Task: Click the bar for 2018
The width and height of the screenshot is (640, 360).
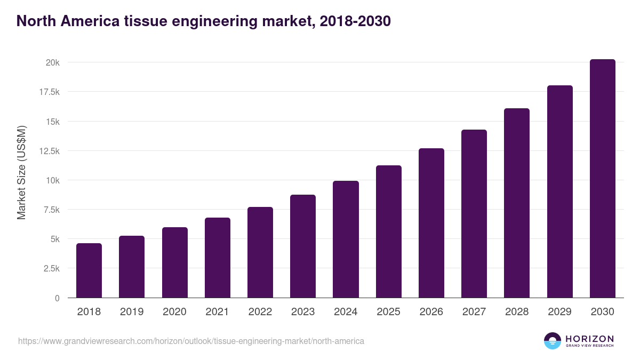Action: pos(89,270)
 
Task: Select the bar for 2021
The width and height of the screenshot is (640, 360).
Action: pos(217,258)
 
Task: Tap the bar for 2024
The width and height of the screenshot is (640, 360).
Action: pos(346,239)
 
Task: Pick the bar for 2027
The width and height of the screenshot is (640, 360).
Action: pos(474,213)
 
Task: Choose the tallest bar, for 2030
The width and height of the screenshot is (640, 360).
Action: pos(602,179)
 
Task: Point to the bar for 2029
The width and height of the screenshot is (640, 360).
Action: pos(559,191)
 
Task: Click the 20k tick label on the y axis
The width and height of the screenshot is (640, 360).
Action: pos(52,62)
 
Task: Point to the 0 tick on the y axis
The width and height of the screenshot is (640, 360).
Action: pos(57,298)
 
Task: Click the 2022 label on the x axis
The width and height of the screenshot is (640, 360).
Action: pos(260,312)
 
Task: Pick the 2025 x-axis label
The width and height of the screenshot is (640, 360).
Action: pos(388,312)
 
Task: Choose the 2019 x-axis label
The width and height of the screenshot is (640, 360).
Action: pos(132,312)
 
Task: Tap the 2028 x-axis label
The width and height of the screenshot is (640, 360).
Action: pos(517,312)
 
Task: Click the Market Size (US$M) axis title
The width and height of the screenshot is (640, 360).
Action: pos(21,172)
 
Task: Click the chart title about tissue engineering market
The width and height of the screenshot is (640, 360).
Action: pos(204,21)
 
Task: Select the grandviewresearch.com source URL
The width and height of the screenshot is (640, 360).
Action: pos(191,341)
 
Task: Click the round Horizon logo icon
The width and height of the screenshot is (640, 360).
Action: pos(553,341)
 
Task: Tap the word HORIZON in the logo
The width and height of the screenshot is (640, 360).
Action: pos(589,338)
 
